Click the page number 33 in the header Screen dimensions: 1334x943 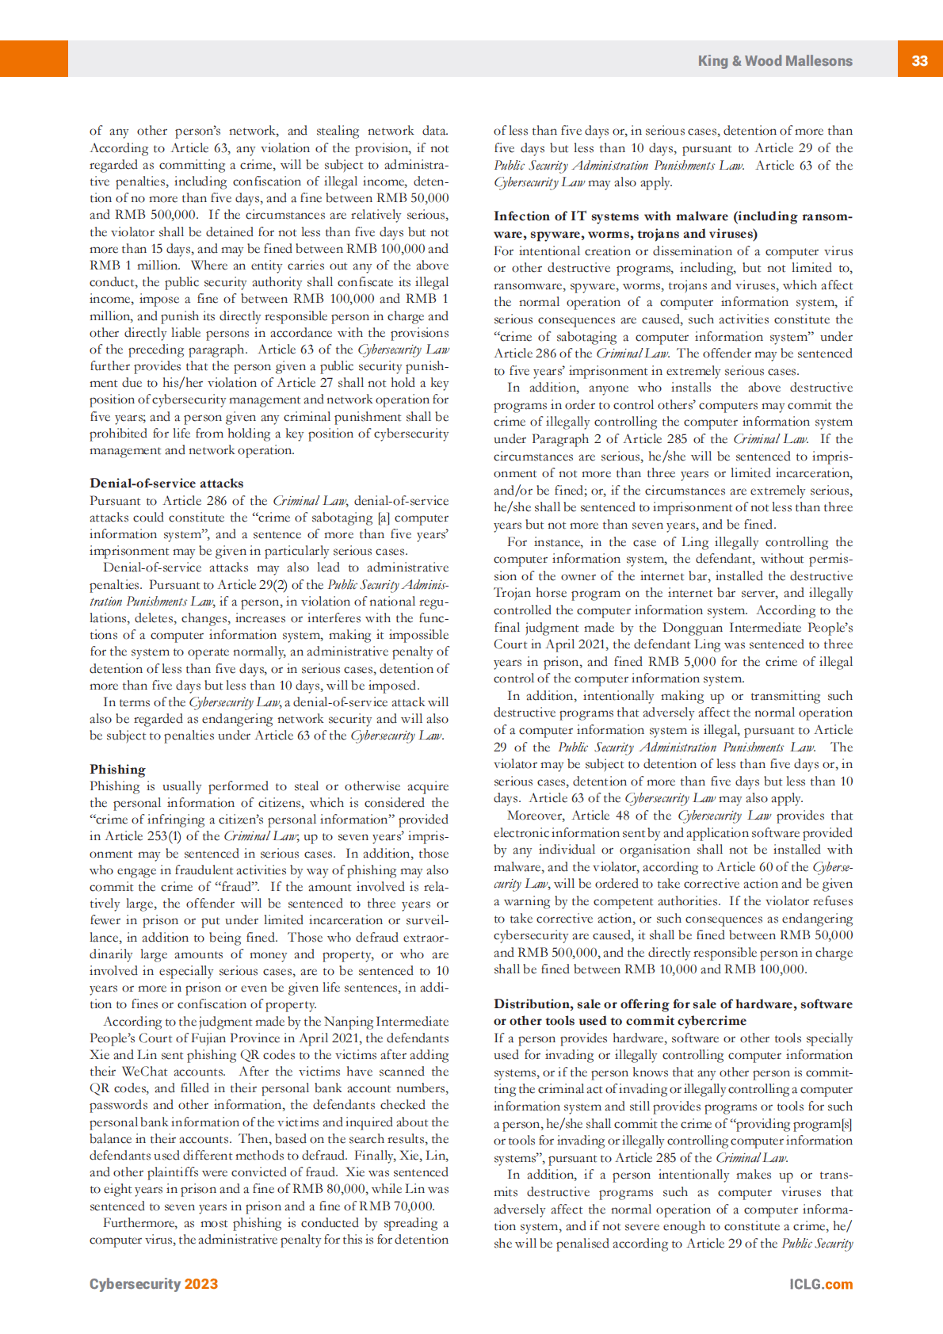coord(919,60)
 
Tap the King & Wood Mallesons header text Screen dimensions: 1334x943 coord(774,61)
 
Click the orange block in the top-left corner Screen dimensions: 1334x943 coord(33,59)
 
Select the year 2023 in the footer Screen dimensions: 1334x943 coord(200,1284)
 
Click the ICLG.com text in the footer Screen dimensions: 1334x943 coord(820,1284)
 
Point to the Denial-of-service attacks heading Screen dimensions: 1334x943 coord(166,484)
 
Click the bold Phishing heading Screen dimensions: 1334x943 coord(117,769)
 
